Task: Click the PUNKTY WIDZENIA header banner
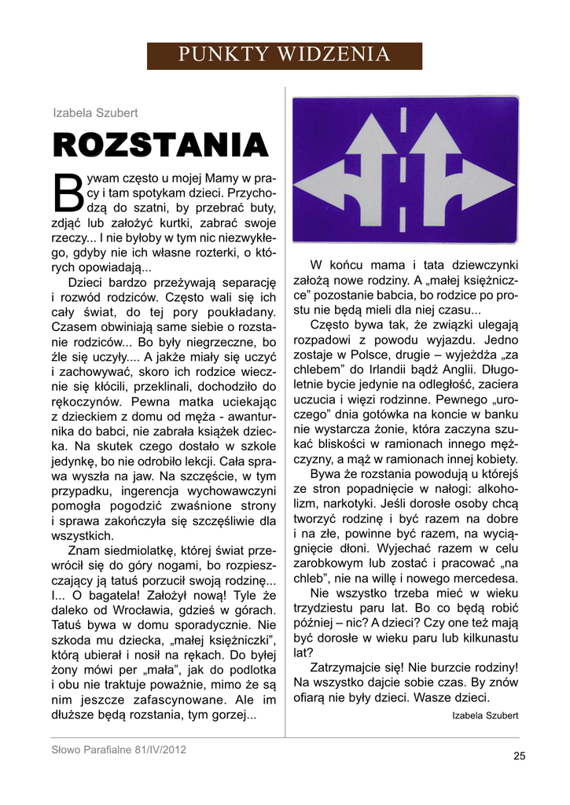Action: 285,55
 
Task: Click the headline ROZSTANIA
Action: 160,145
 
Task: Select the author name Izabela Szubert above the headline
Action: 95,113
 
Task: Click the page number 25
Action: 519,756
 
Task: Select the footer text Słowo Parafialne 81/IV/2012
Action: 119,749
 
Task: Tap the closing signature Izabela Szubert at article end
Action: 485,715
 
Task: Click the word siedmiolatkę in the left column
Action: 146,550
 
